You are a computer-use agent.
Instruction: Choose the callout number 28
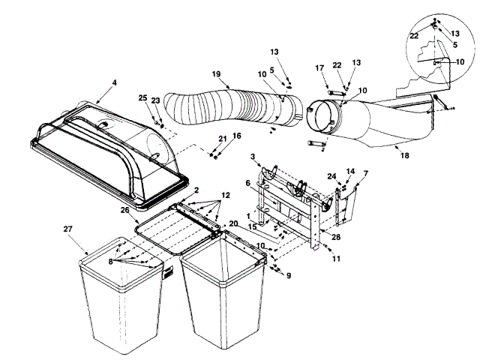tap(334, 237)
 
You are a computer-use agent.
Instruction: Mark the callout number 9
tap(288, 274)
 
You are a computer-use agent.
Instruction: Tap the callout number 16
tap(237, 136)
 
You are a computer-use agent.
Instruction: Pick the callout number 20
tap(233, 224)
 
